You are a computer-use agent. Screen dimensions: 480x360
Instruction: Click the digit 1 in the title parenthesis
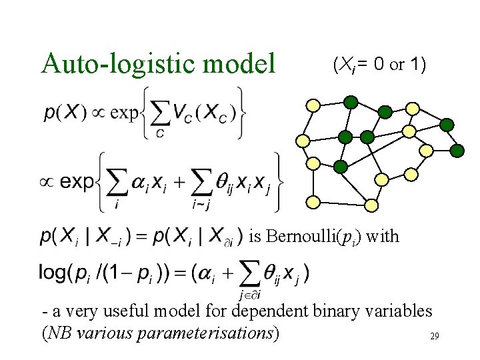[417, 65]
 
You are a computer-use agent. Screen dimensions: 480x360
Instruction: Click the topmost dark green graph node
[351, 102]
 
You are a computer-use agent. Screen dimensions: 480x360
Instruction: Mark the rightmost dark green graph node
[457, 151]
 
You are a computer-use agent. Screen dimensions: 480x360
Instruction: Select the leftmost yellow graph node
[302, 141]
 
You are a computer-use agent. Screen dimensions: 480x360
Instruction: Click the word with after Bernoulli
[383, 235]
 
